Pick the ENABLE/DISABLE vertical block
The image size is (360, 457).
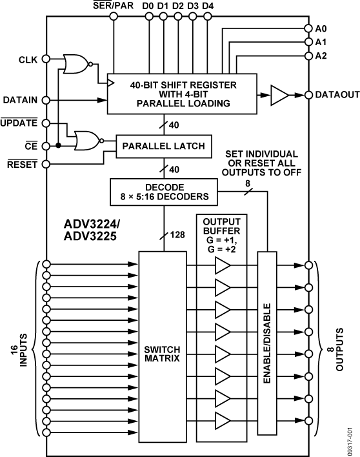(267, 348)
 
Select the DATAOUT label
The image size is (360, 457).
(337, 96)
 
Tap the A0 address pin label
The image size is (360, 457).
(321, 29)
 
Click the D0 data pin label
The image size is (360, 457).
(148, 6)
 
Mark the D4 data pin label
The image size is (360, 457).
(207, 6)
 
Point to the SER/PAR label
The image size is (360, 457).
(114, 6)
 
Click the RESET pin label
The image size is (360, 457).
(23, 165)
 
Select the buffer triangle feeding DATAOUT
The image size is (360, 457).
(279, 96)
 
